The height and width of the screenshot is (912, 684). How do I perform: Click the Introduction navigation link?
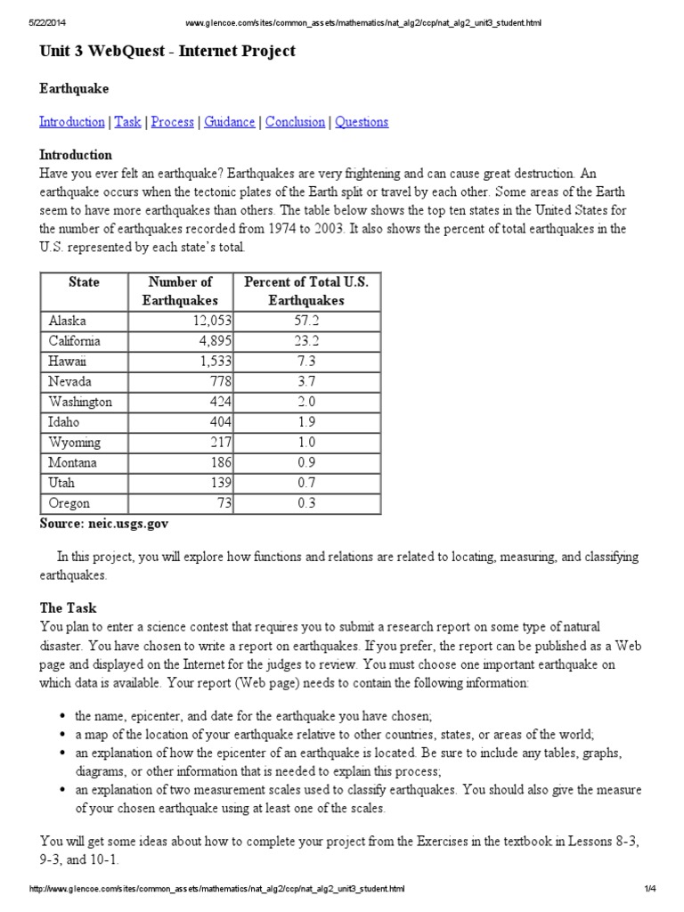[x=71, y=122]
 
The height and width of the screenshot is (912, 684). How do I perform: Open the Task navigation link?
[x=127, y=122]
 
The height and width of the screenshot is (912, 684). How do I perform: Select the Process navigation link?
[x=172, y=122]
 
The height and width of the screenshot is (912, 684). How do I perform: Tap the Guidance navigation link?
[x=229, y=122]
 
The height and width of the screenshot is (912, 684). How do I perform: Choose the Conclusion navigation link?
[x=295, y=122]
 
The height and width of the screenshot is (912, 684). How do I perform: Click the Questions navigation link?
[x=362, y=122]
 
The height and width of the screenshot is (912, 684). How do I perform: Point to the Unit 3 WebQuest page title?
[x=167, y=52]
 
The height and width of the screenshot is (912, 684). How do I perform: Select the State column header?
[x=84, y=282]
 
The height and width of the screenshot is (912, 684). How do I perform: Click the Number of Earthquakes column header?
[x=180, y=291]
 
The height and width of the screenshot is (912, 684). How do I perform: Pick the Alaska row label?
[x=68, y=321]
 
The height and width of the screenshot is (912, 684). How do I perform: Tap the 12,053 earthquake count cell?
[x=205, y=321]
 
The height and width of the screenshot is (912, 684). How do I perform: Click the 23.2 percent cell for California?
[x=306, y=341]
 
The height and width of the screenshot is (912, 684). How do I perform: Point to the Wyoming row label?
[x=75, y=443]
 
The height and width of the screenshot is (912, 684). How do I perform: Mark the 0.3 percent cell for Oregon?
[x=306, y=504]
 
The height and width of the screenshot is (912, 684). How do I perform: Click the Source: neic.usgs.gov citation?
[x=103, y=524]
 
